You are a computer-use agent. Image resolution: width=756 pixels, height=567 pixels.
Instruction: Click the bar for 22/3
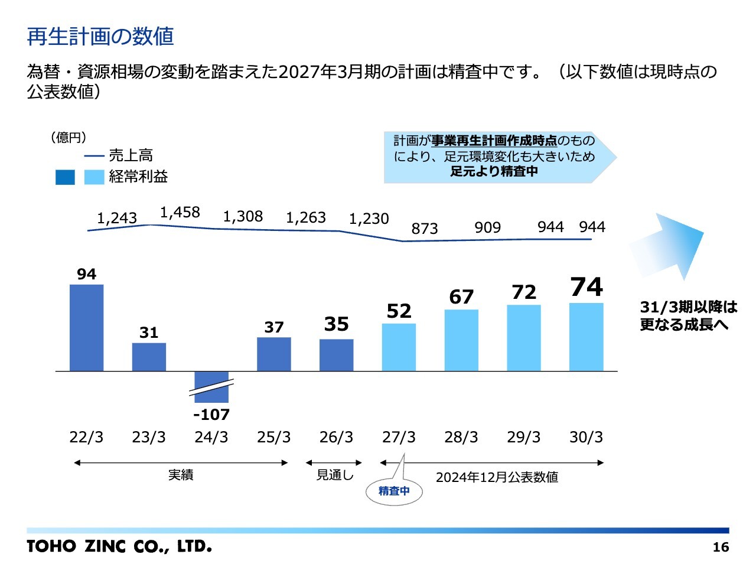[x=86, y=328]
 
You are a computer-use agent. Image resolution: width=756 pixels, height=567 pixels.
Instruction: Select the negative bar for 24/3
[x=211, y=386]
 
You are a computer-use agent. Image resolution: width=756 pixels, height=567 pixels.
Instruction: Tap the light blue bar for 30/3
[x=586, y=337]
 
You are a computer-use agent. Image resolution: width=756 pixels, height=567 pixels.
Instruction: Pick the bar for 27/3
[x=399, y=347]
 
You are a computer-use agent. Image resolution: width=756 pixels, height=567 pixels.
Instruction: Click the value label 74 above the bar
[x=586, y=287]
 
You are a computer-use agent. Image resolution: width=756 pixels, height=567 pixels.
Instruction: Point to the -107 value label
[x=211, y=415]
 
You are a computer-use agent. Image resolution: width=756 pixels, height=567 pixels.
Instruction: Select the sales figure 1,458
[x=180, y=213]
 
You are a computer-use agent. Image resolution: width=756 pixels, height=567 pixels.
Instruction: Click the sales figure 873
[x=425, y=229]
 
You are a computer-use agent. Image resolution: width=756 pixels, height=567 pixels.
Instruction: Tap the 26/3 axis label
[x=336, y=438]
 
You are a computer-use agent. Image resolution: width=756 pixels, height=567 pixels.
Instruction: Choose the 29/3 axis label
[x=523, y=438]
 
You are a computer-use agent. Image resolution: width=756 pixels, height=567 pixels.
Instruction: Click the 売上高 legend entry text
[x=131, y=155]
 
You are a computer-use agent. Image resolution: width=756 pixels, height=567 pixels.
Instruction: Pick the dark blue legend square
[x=65, y=177]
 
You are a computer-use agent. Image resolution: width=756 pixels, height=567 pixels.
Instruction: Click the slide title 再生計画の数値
[x=100, y=37]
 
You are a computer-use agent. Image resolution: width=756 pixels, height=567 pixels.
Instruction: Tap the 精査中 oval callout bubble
[x=394, y=491]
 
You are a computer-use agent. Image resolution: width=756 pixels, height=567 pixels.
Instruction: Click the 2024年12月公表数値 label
[x=497, y=477]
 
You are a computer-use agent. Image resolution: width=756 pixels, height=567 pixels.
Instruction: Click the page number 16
[x=721, y=547]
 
